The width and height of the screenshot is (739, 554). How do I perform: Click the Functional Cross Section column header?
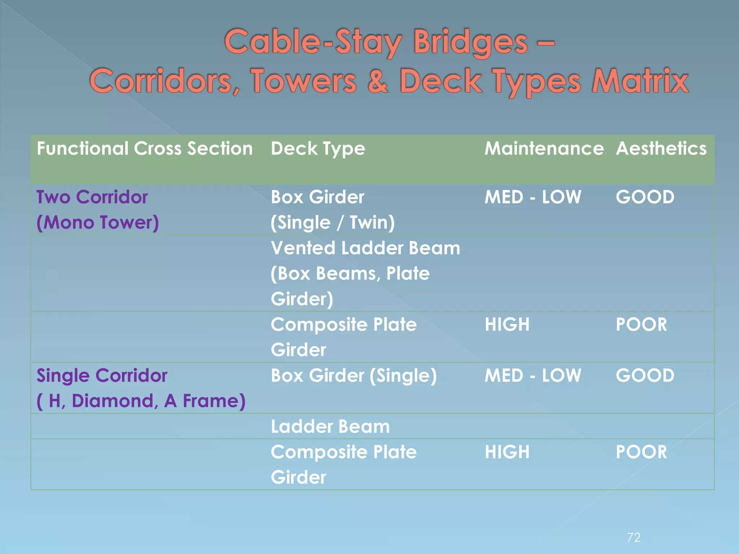click(x=145, y=149)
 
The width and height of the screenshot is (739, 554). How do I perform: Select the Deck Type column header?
click(x=318, y=149)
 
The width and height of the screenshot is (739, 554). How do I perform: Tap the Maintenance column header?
click(x=544, y=149)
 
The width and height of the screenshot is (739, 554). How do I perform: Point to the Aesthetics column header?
click(x=661, y=149)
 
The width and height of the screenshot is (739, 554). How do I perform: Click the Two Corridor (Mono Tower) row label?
click(x=97, y=210)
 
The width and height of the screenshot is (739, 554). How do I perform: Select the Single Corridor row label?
click(x=141, y=388)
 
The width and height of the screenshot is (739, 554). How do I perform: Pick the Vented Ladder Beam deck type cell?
click(x=365, y=273)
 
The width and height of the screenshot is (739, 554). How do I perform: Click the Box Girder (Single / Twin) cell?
click(x=332, y=210)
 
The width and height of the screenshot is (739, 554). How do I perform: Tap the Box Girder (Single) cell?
click(x=354, y=375)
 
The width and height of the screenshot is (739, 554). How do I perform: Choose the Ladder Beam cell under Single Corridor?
click(x=330, y=427)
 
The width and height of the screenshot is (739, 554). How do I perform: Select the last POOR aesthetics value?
click(x=641, y=452)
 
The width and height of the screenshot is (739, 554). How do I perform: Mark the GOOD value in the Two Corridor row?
click(x=645, y=197)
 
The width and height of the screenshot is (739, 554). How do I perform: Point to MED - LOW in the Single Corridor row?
click(x=533, y=375)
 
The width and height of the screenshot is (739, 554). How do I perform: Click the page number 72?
click(x=634, y=538)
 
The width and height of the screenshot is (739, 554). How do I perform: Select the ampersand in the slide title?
click(x=377, y=82)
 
